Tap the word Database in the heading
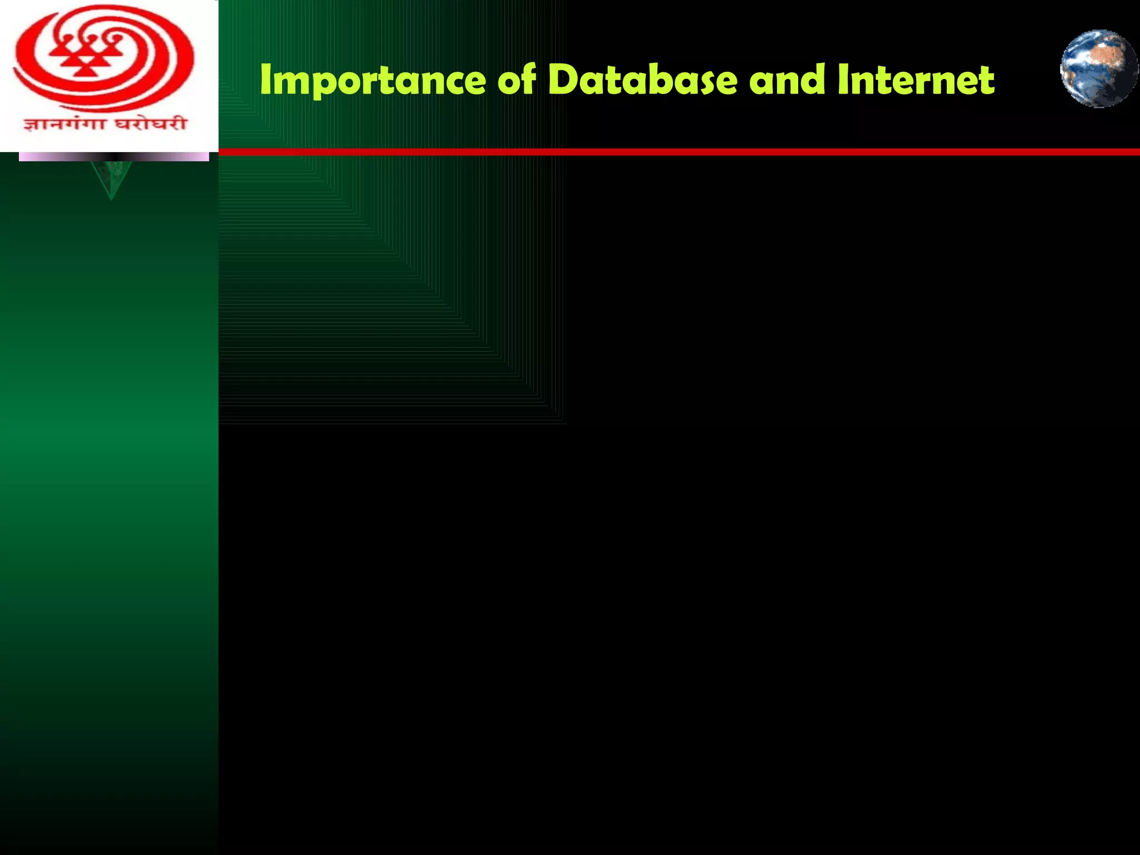pos(643,80)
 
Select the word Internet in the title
pos(916,80)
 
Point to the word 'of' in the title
pos(517,80)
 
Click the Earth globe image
pos(1099,68)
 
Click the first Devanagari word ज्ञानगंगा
pos(63,124)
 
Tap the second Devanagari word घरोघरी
pos(150,124)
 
